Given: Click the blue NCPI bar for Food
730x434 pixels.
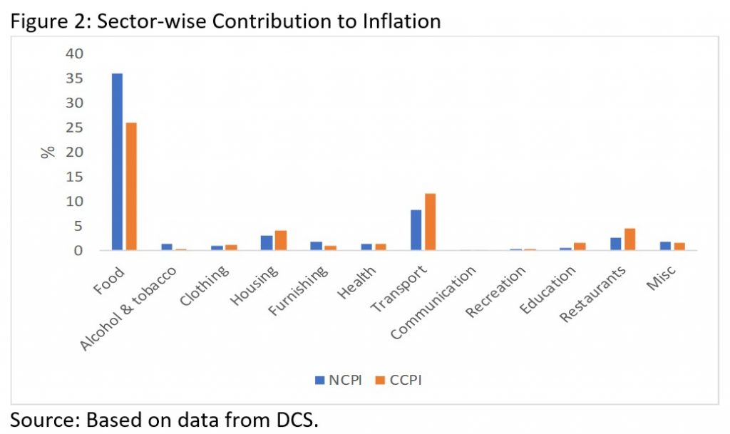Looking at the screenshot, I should [x=117, y=162].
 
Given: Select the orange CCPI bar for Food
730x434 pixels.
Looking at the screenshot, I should [x=131, y=187].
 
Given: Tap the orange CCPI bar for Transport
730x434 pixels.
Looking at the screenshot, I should [x=429, y=222].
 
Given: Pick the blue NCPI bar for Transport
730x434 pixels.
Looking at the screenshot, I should [x=416, y=230].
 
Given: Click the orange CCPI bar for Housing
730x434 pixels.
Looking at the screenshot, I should [x=280, y=241].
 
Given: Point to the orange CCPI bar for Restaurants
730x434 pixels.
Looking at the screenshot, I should [x=629, y=239].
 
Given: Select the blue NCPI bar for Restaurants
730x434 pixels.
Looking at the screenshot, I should [x=615, y=244].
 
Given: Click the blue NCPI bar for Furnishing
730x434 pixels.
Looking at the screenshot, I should [x=316, y=246].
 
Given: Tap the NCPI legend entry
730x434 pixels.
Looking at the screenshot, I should [x=339, y=380].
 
